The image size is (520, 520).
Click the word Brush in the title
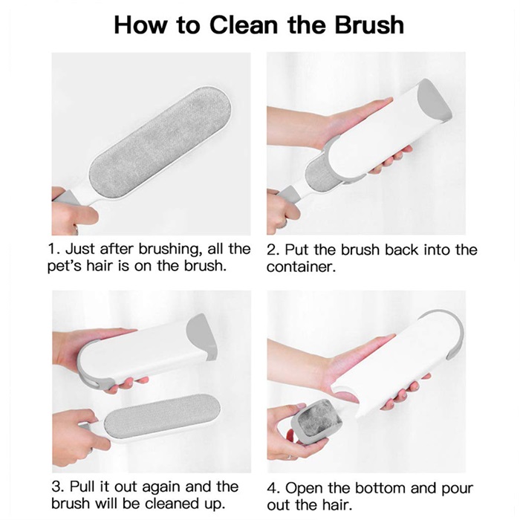tap(369, 25)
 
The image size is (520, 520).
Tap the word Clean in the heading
tap(244, 25)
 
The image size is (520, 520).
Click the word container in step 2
tap(301, 267)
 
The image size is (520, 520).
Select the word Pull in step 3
tap(82, 487)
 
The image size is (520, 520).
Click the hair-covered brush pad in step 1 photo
tap(159, 143)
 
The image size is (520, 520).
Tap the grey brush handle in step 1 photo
tap(66, 198)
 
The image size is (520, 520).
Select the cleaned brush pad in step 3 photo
tap(162, 416)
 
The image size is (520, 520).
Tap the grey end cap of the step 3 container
tap(201, 337)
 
